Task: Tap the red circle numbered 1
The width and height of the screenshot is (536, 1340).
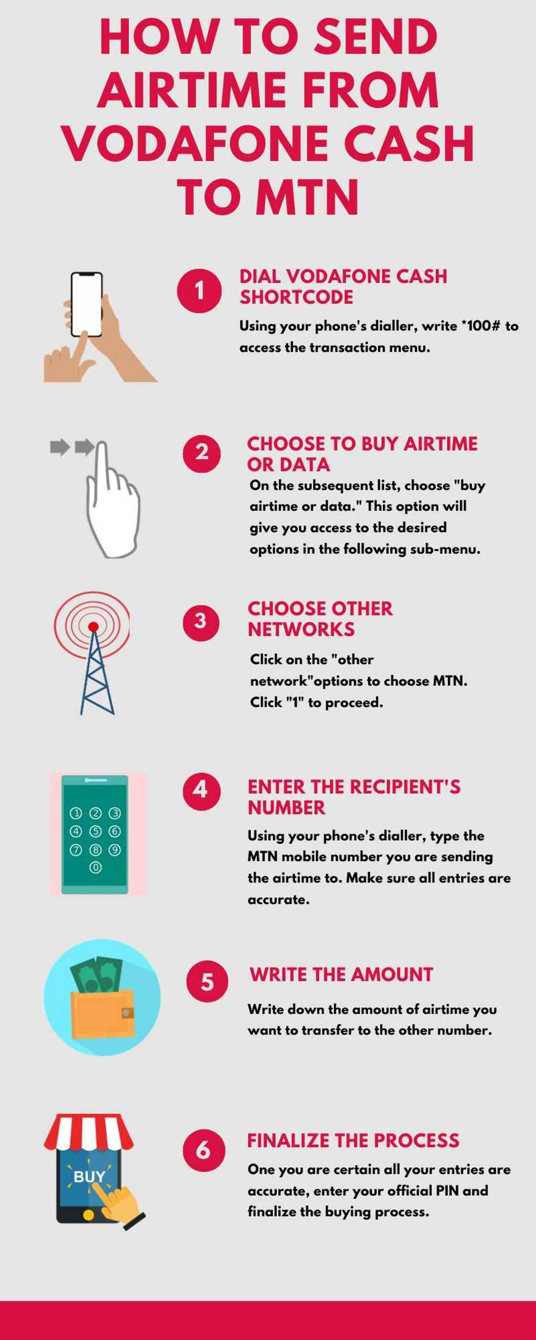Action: coord(199,291)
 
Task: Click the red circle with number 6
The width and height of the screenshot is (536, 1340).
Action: coord(203,1150)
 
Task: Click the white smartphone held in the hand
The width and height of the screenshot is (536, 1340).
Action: coord(87,304)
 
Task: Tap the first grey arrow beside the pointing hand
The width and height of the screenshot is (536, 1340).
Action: coord(59,447)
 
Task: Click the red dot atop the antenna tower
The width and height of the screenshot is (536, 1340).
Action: coord(93,626)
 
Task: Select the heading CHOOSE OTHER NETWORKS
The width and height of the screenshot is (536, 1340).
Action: coord(320,618)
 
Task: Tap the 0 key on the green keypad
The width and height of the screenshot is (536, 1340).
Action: coord(95,867)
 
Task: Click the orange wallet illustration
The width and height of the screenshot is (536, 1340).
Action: coord(101,1015)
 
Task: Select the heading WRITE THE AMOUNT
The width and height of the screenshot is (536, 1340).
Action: coord(341,974)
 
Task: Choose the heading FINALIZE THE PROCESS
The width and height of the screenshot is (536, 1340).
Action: coord(353,1140)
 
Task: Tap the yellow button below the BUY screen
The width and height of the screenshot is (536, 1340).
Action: coord(89,1215)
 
